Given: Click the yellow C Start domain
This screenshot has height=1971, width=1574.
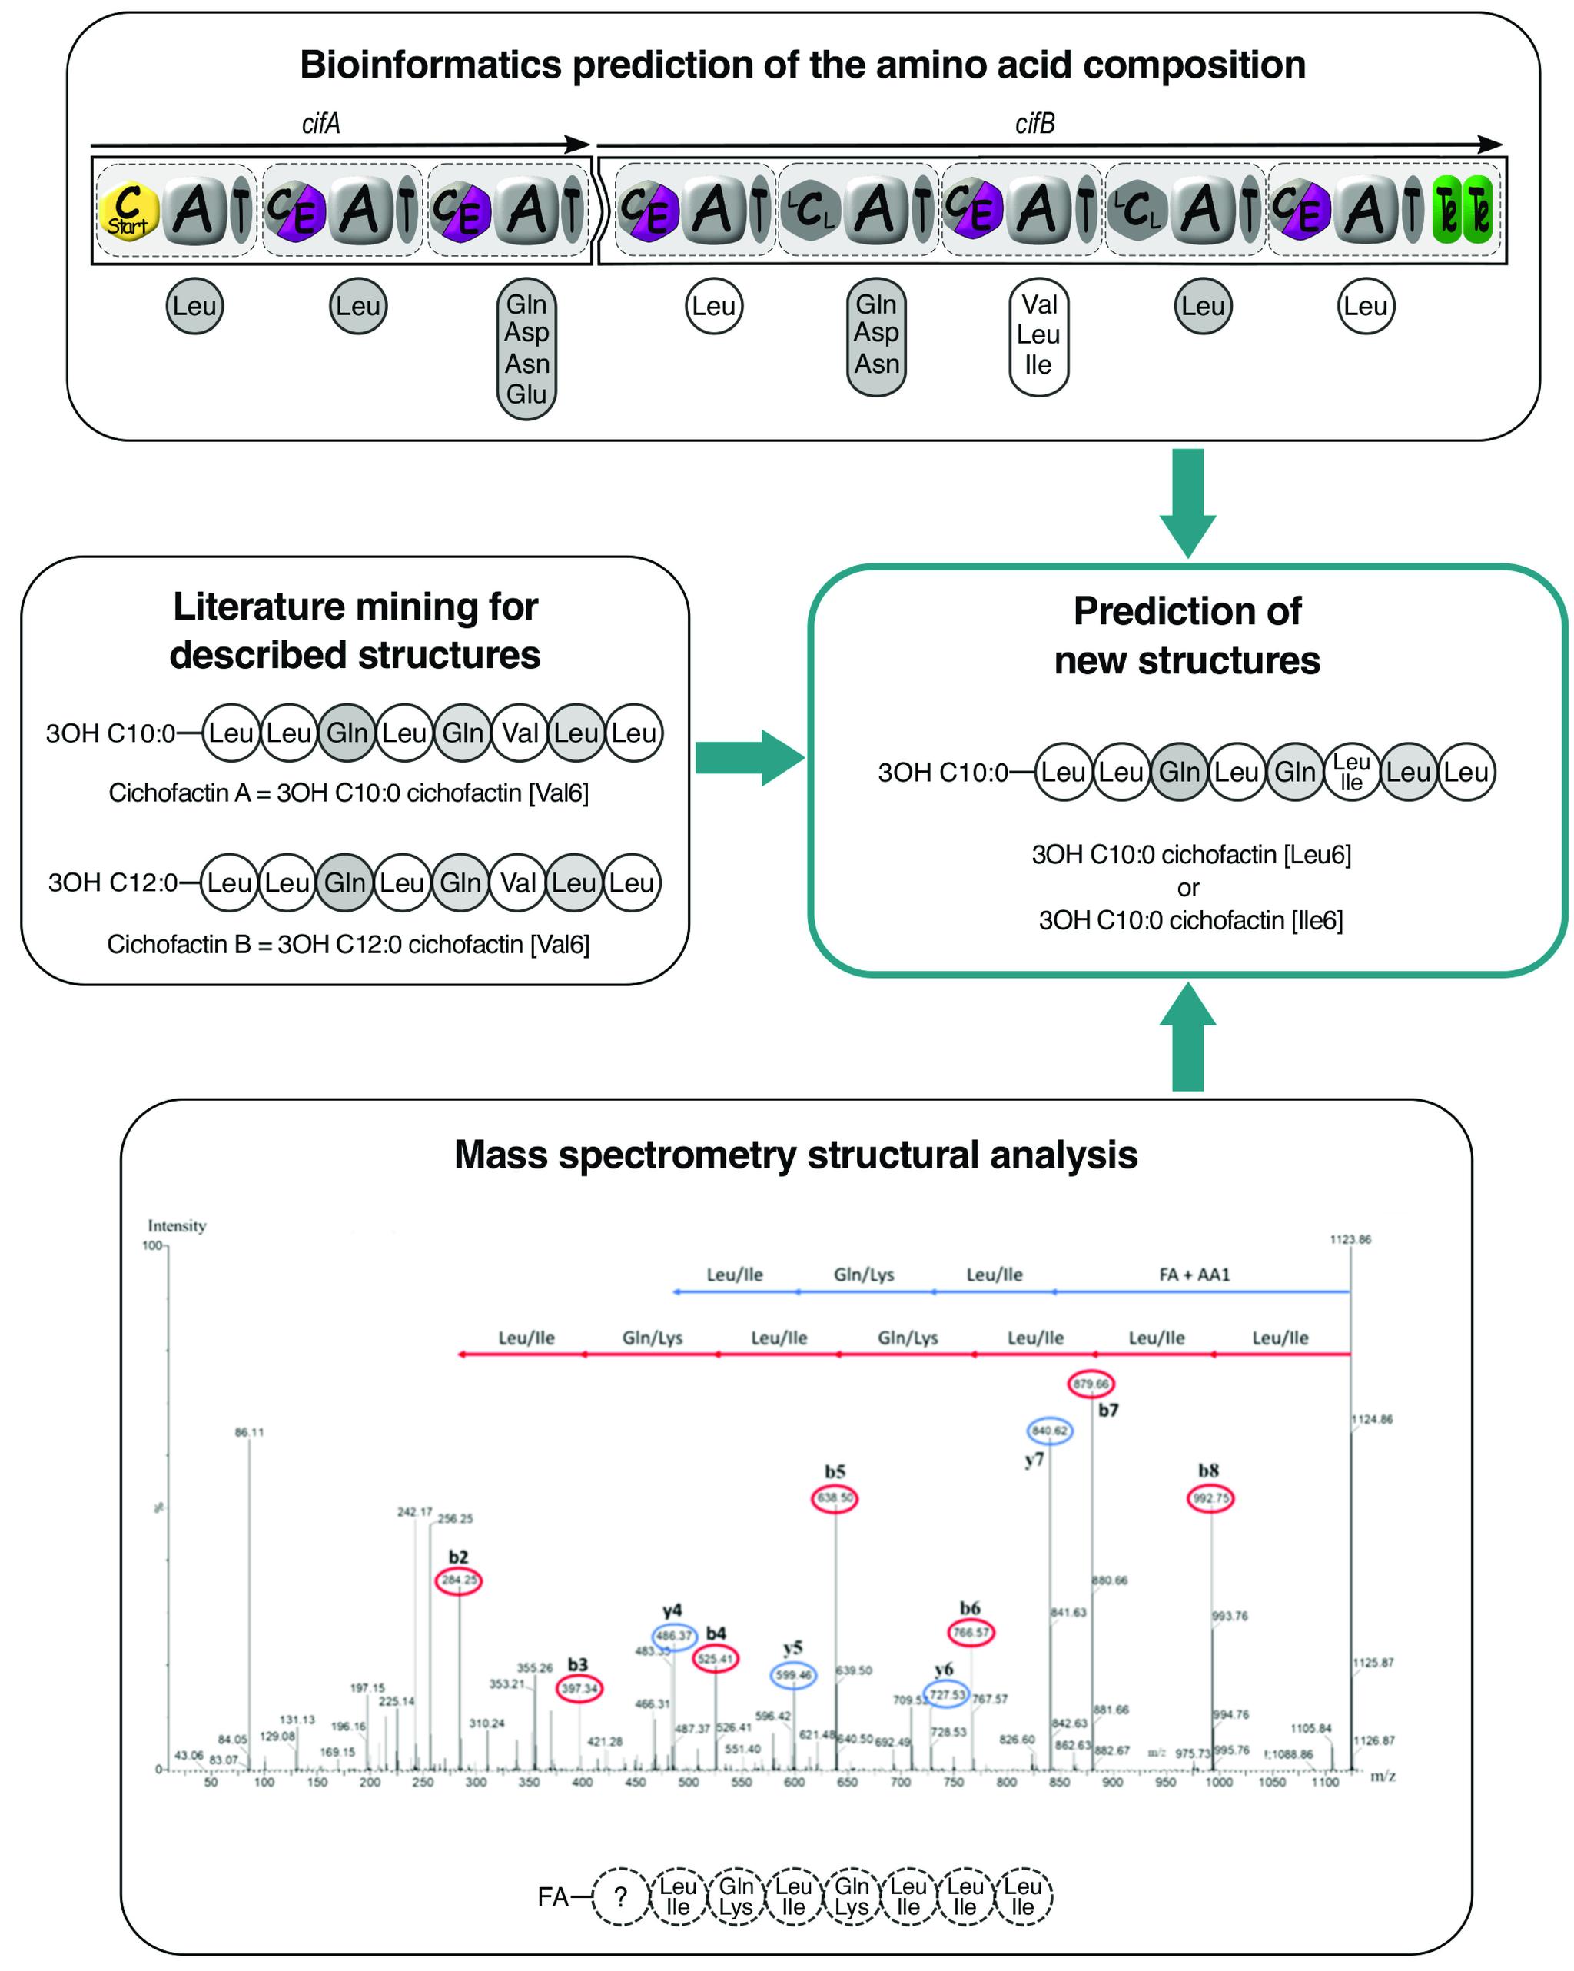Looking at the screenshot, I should (x=128, y=212).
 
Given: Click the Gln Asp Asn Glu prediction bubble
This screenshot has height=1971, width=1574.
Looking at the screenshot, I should (x=526, y=348).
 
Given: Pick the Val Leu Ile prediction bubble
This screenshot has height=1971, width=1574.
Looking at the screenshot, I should (x=1038, y=334).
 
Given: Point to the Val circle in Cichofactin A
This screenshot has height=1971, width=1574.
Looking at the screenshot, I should (x=520, y=733).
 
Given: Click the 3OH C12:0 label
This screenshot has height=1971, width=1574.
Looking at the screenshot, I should (x=112, y=882).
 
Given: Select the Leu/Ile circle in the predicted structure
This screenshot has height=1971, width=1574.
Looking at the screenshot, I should (x=1351, y=773).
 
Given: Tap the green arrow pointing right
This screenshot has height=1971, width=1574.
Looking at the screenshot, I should (x=748, y=758).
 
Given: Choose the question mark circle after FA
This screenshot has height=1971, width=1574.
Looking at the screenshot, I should (x=621, y=1897).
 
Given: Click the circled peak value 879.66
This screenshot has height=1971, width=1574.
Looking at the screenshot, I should (x=1091, y=1384).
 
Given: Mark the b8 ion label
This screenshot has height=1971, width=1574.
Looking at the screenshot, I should (x=1208, y=1471).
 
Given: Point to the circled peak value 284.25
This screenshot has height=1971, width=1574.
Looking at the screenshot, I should (x=459, y=1580).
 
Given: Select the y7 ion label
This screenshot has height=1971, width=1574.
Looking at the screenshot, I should (x=1034, y=1460).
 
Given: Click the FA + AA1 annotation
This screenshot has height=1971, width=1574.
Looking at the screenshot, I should (x=1194, y=1275).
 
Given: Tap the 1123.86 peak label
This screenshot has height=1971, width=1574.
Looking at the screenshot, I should (x=1350, y=1240).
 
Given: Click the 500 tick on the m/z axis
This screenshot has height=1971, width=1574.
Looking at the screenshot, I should (x=689, y=1782).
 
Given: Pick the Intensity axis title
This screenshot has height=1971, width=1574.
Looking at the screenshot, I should (x=178, y=1226).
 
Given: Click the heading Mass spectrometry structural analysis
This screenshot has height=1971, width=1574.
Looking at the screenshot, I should (x=795, y=1155).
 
